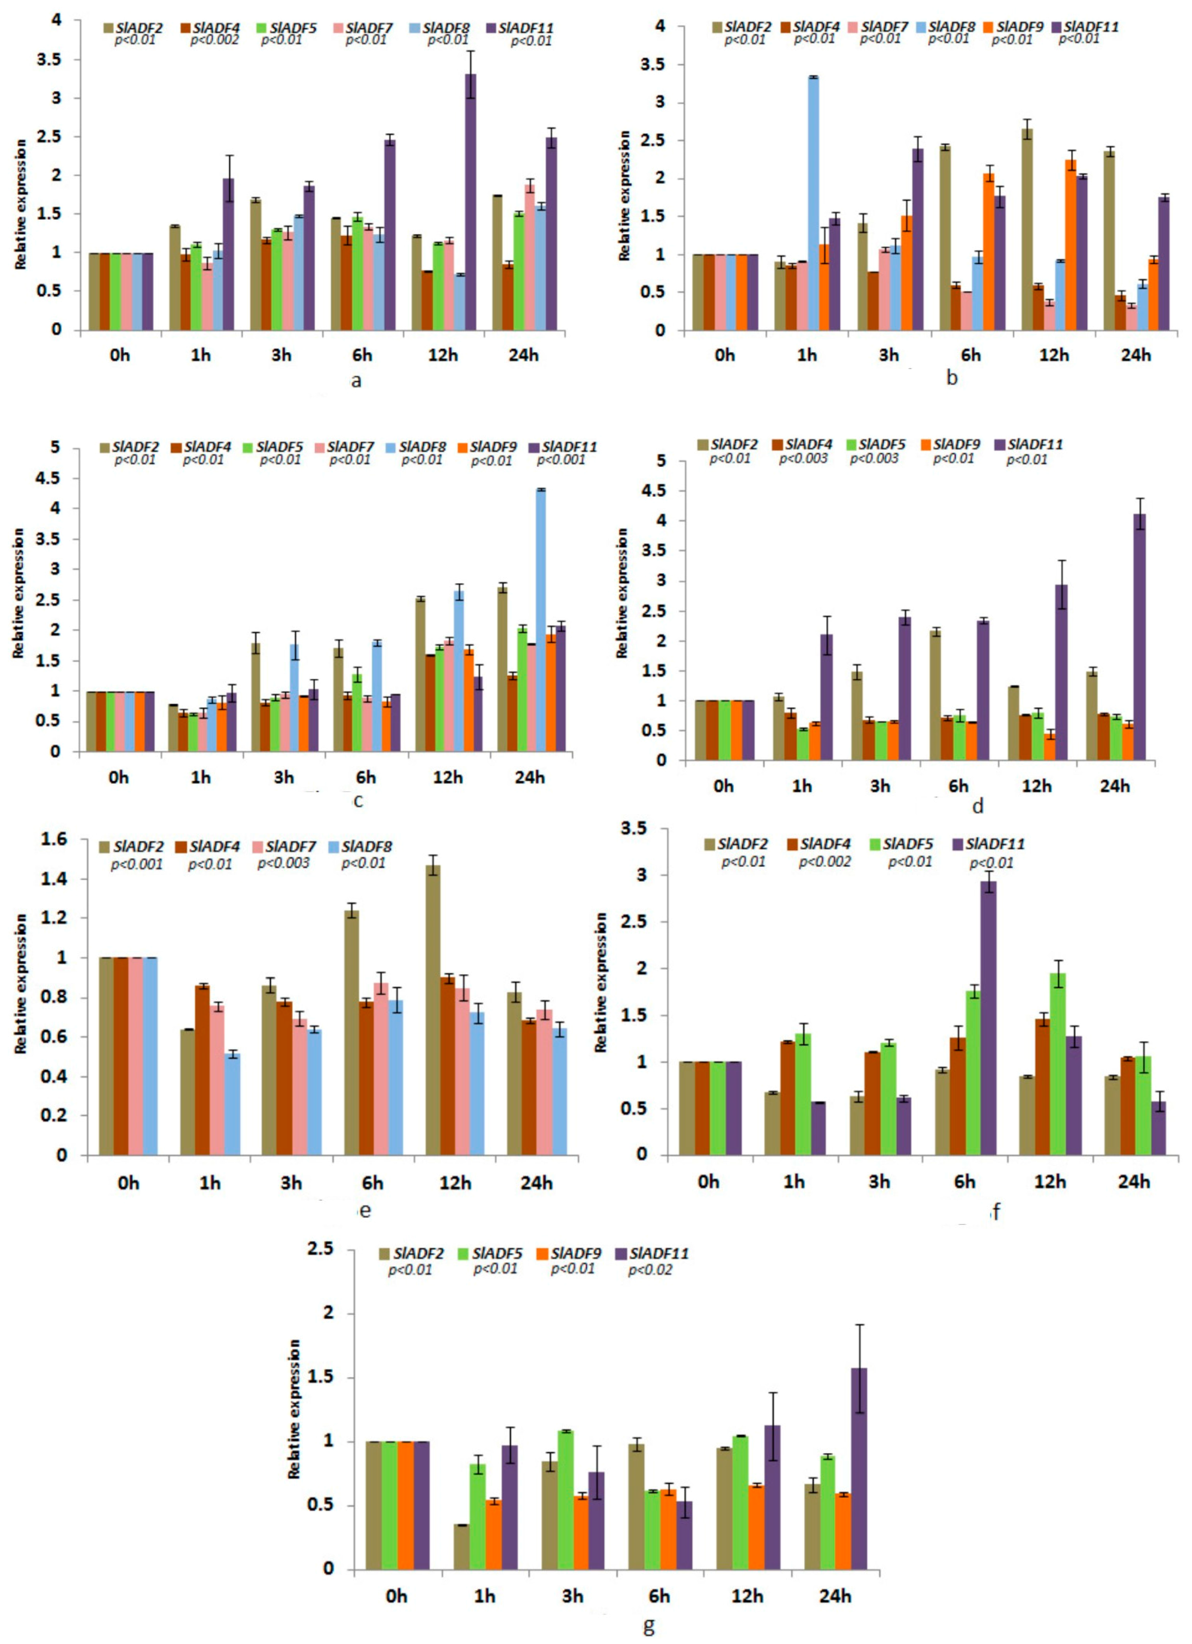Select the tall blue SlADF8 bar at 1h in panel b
tap(814, 203)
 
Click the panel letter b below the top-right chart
tap(952, 377)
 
